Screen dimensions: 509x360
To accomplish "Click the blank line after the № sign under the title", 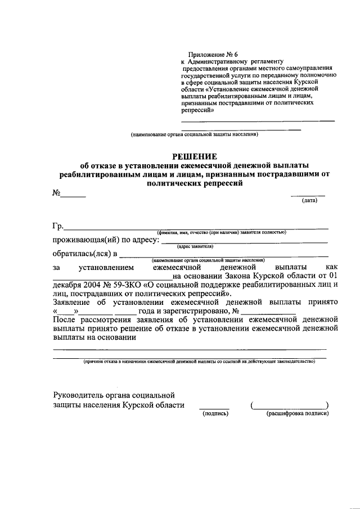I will pyautogui.click(x=73, y=196).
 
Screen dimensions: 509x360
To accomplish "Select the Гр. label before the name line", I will pyautogui.click(x=57, y=226).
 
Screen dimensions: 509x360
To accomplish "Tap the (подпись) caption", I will pyautogui.click(x=214, y=413).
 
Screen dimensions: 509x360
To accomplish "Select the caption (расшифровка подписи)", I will pyautogui.click(x=298, y=413).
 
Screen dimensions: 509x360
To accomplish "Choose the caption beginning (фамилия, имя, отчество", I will pyautogui.click(x=222, y=232).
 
